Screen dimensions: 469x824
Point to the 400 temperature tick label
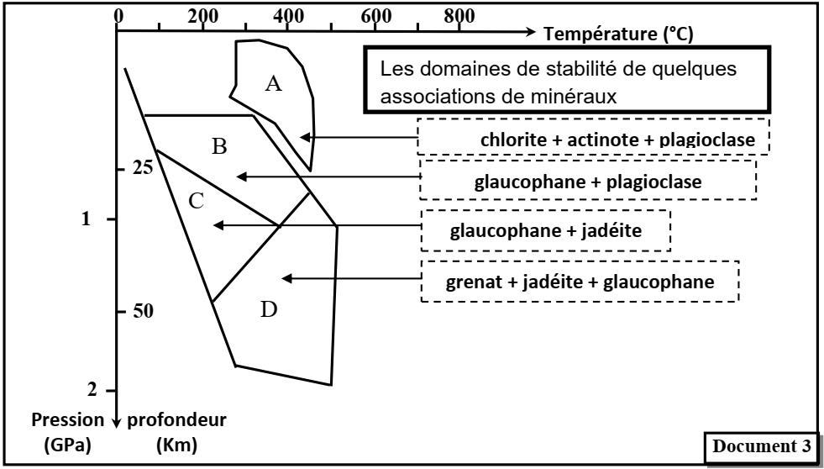point(287,16)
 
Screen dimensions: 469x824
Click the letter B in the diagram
point(219,147)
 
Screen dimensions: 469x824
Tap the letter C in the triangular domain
point(195,202)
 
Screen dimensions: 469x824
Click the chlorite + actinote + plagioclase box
point(593,137)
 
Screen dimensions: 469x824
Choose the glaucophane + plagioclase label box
point(588,180)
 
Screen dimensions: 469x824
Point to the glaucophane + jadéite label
point(546,231)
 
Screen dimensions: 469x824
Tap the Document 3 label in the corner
point(762,446)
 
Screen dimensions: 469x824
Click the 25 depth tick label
point(142,168)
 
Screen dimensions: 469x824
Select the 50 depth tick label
point(142,312)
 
